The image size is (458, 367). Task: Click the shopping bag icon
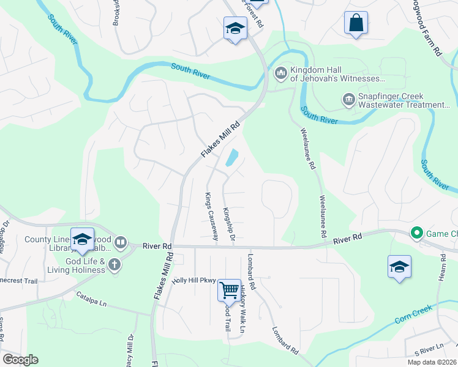[356, 23]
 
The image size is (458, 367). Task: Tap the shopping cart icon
[229, 290]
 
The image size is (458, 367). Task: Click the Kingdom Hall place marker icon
[281, 73]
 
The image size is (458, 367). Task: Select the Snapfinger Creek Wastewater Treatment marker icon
[349, 99]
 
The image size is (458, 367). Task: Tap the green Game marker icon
[417, 233]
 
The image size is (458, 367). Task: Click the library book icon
[121, 243]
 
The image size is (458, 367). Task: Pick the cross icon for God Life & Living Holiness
[114, 264]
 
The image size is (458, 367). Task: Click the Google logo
[20, 360]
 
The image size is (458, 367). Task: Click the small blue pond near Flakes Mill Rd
[231, 158]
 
